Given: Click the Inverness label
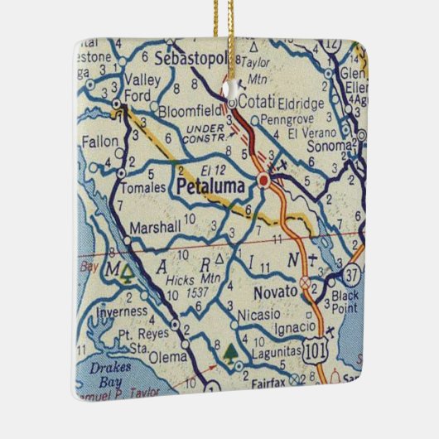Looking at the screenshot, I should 122,312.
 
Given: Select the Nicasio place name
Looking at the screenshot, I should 258,316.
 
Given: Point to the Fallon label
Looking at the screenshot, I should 99,142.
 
